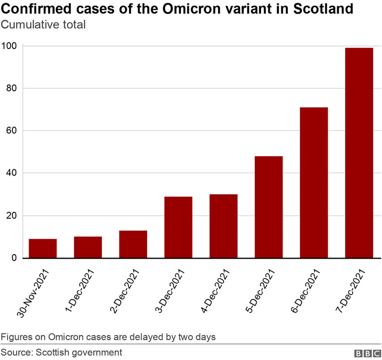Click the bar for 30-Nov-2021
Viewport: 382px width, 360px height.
[43, 248]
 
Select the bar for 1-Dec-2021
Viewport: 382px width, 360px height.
[88, 247]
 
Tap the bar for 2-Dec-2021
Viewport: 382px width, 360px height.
[133, 244]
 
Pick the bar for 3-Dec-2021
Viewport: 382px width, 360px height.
[178, 227]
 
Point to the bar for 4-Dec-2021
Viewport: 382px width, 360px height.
[223, 226]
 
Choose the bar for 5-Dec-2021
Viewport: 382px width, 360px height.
[268, 207]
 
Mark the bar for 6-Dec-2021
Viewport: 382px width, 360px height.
[314, 183]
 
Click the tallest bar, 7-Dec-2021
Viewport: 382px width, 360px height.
[359, 153]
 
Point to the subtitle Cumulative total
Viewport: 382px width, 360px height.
[43, 25]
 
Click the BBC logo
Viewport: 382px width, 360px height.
[368, 353]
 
